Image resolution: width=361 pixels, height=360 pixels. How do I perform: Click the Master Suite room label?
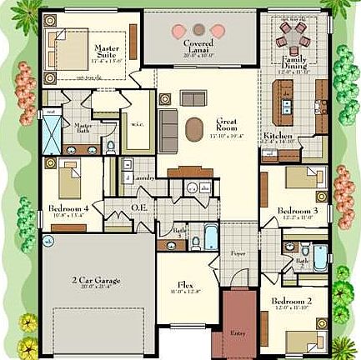(106, 52)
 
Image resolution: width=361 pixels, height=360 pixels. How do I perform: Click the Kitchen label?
(277, 136)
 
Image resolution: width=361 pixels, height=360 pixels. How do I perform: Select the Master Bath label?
(76, 126)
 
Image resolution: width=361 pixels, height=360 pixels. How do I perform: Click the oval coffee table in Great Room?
(194, 127)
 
